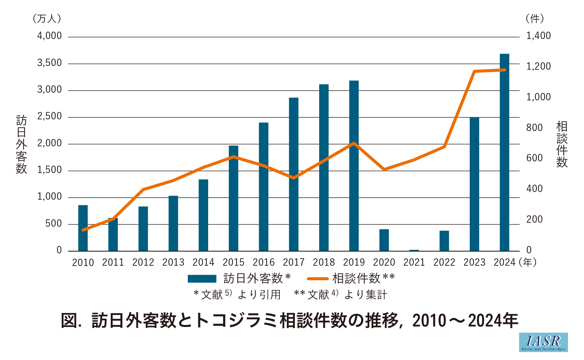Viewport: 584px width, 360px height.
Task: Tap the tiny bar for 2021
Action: pyautogui.click(x=414, y=250)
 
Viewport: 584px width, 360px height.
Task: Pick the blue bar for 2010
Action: pyautogui.click(x=83, y=228)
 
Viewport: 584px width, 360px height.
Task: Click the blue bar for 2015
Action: pyautogui.click(x=233, y=198)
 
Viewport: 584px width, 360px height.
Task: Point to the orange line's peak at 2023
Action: pyautogui.click(x=474, y=71)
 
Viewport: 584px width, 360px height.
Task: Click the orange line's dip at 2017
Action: pyautogui.click(x=294, y=178)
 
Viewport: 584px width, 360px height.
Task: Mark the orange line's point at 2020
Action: pyautogui.click(x=384, y=169)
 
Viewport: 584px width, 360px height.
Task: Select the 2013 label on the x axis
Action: pyautogui.click(x=173, y=263)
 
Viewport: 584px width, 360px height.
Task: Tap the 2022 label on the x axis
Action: pyautogui.click(x=444, y=263)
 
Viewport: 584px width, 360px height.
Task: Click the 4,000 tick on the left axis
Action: pyautogui.click(x=49, y=36)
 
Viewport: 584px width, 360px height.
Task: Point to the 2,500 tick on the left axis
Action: pyautogui.click(x=49, y=116)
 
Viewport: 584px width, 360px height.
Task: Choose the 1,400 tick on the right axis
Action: pyautogui.click(x=538, y=36)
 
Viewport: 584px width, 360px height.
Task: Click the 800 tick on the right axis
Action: pyautogui.click(x=534, y=128)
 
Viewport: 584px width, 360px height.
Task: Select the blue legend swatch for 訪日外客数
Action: pyautogui.click(x=202, y=279)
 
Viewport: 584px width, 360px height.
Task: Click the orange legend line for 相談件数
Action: pyautogui.click(x=318, y=279)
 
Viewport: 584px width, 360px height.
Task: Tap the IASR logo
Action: pyautogui.click(x=543, y=342)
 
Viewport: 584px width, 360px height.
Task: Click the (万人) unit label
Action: pyautogui.click(x=47, y=19)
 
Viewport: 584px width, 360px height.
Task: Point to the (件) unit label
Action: pyautogui.click(x=535, y=19)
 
